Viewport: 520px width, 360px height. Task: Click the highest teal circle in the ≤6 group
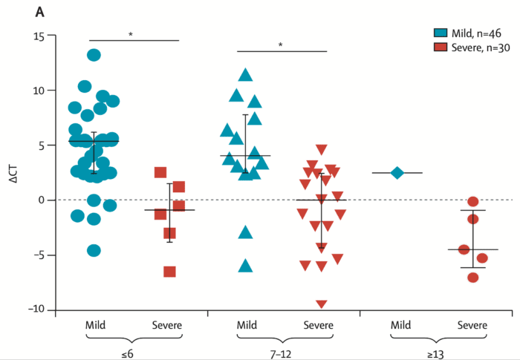tap(94, 55)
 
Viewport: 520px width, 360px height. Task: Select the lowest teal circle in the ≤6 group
tap(94, 250)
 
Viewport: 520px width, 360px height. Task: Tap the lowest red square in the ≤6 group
tap(170, 272)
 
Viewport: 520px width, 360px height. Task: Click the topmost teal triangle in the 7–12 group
tap(246, 75)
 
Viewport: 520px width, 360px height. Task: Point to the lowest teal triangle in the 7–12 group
tap(246, 266)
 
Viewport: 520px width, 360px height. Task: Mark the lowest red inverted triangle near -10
tap(322, 304)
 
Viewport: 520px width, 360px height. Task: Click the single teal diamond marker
tap(398, 173)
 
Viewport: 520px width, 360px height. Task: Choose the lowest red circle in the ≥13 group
tap(473, 277)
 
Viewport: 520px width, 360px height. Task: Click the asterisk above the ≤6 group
tap(131, 34)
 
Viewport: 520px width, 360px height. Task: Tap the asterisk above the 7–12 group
tap(281, 45)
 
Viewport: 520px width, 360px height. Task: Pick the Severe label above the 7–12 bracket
tap(322, 325)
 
